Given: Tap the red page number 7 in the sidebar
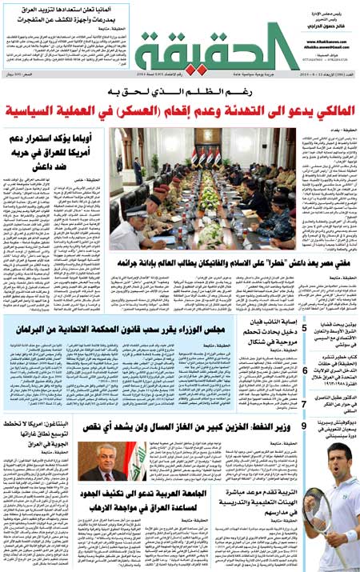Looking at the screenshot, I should click(x=305, y=405).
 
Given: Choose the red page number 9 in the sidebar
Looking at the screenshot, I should click(x=304, y=426).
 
